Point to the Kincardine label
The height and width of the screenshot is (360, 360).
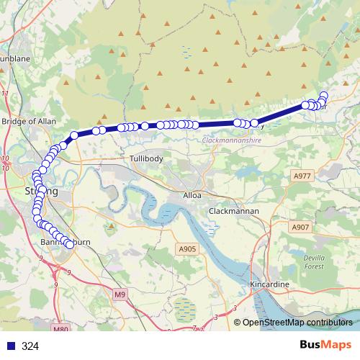269,285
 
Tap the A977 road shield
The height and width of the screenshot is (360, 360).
302,176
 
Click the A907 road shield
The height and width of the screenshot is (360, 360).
300,228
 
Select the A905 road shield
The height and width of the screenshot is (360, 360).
186,249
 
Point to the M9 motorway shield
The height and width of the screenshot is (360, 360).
120,294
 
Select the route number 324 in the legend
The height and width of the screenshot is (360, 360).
30,346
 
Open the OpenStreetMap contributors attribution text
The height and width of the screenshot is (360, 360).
297,323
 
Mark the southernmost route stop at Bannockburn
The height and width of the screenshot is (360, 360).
70,245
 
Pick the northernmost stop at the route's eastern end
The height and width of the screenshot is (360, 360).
324,96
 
